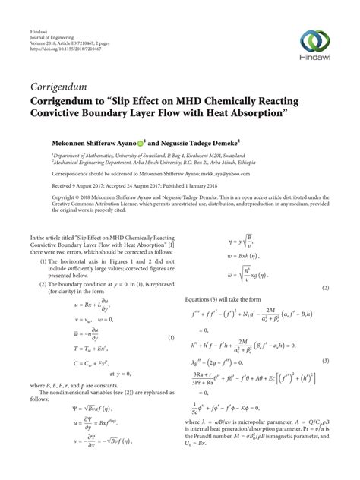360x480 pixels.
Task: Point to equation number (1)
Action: coord(172,316)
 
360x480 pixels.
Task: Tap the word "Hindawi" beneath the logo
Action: coord(320,59)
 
